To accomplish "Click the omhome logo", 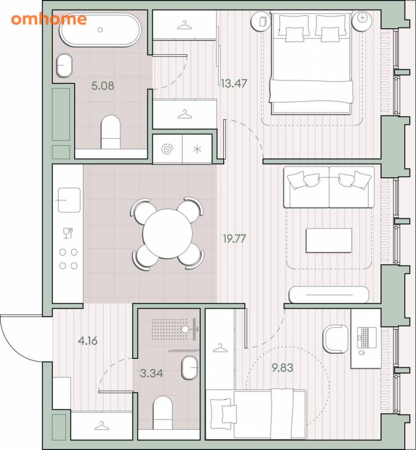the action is [x=49, y=19].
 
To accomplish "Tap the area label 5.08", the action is [x=103, y=85].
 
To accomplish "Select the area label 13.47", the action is [x=234, y=83].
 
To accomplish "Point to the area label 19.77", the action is [x=234, y=238].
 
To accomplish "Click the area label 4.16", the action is [x=88, y=341].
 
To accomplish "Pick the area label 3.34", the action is [x=151, y=373].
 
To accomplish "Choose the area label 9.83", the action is [x=282, y=368].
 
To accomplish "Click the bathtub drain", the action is [x=100, y=30].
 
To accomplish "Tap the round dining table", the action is [x=168, y=233].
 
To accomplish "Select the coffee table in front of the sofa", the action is [x=329, y=241].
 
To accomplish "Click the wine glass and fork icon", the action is [x=68, y=233].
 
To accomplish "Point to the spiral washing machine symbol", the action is [x=168, y=149].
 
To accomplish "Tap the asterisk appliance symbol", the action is [x=197, y=149].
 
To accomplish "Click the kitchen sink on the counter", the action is [x=69, y=200].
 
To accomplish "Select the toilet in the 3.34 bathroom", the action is [x=162, y=413].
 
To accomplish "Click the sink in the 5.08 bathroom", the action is [x=64, y=65].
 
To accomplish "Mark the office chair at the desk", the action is [x=336, y=339].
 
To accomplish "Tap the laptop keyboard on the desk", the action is [x=367, y=338].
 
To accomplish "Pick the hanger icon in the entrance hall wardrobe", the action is [x=102, y=426].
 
